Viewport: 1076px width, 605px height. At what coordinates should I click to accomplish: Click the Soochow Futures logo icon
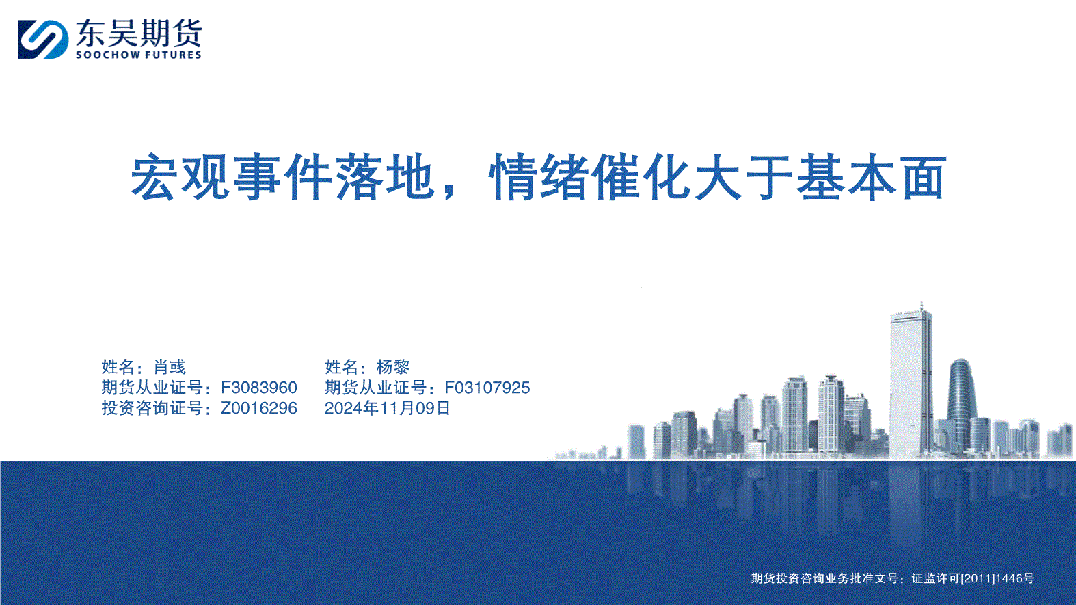(x=43, y=40)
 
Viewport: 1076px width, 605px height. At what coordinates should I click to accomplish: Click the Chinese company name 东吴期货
(x=139, y=33)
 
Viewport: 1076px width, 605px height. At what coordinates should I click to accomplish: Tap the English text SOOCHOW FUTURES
(x=138, y=55)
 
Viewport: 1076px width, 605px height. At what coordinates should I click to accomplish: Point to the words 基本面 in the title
(x=872, y=177)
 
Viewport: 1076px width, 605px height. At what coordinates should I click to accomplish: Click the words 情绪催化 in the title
(x=590, y=177)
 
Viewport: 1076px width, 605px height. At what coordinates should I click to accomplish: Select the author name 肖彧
(x=170, y=366)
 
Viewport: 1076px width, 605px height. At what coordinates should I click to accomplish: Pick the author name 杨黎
(x=393, y=366)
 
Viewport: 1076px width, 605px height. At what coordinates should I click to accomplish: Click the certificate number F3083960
(x=259, y=388)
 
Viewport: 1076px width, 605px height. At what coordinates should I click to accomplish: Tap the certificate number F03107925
(x=487, y=388)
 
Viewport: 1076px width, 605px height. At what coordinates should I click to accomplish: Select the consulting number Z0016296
(x=259, y=408)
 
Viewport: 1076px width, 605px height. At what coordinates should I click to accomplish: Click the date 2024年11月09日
(x=388, y=408)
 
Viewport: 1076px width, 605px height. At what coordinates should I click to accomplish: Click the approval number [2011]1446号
(x=997, y=578)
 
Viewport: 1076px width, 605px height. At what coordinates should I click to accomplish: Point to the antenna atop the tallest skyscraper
(x=922, y=306)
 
